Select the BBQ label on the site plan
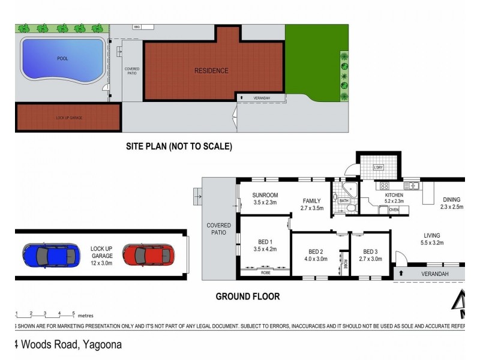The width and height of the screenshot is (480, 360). pos(136,27)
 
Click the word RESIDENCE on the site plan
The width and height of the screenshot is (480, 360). pos(211,71)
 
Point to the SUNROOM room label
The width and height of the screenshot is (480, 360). pos(265,195)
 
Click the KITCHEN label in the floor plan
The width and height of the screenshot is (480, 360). pos(394,195)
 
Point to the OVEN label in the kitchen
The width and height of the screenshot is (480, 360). pos(394,210)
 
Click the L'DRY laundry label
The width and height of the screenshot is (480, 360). pos(378,166)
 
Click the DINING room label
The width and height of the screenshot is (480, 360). pos(452,200)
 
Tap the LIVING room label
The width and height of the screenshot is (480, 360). pos(431,236)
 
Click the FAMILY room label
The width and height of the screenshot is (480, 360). pos(311,201)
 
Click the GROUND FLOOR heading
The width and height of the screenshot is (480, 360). pos(247,296)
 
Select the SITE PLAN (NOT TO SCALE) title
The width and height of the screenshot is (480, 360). pos(179,146)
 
